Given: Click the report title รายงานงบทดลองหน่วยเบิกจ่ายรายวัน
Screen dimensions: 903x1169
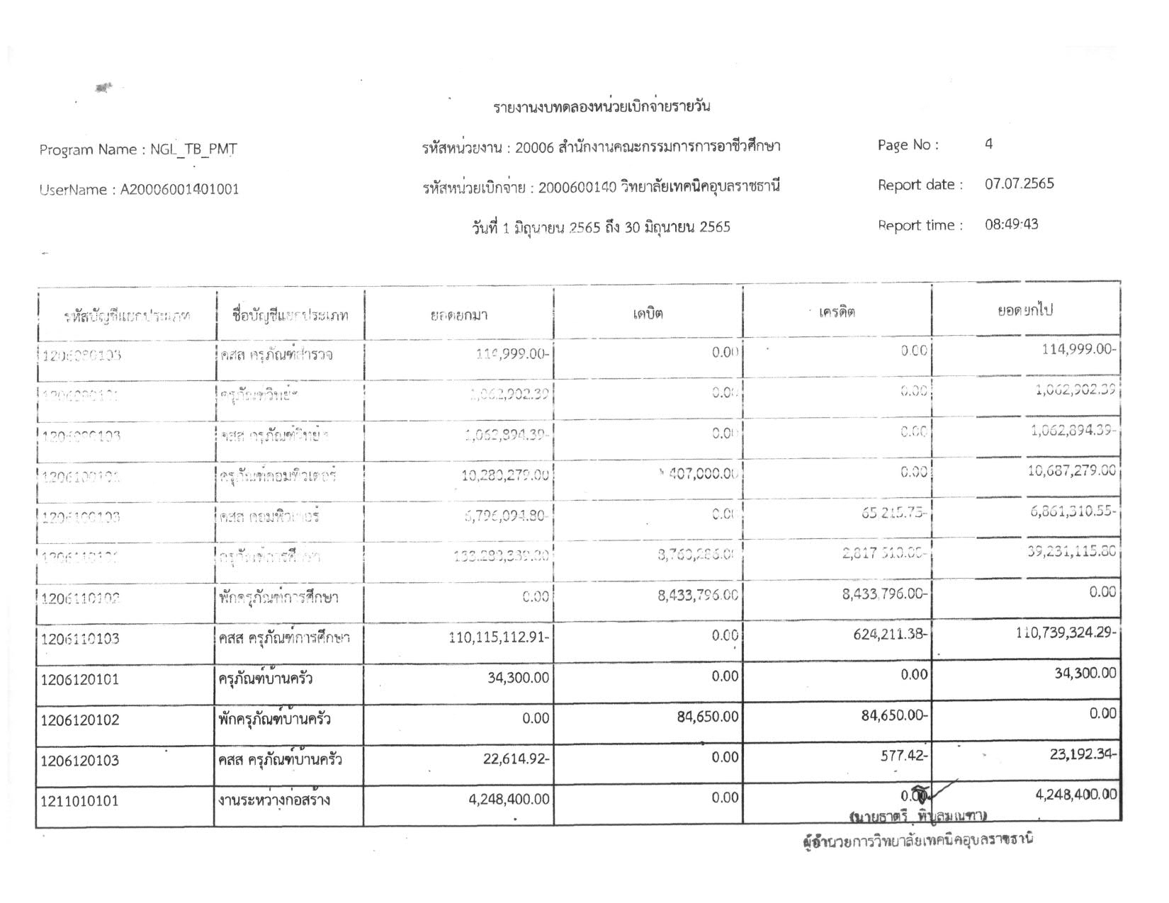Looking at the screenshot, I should (601, 107).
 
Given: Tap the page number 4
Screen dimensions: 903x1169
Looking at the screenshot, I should (988, 144).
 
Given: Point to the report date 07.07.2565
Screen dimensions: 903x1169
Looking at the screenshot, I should (1019, 184).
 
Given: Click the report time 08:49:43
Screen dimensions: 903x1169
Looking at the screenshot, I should (1011, 225).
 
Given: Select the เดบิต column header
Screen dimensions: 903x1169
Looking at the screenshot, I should (648, 313).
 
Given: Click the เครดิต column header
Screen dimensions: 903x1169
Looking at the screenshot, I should (837, 312).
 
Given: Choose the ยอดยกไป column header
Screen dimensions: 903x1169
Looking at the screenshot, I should (1024, 311).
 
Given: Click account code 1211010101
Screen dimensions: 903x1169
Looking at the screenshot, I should (80, 801).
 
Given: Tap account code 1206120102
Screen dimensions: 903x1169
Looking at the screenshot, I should (80, 720).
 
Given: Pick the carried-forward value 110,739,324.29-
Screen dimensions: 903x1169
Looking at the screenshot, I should (1067, 632).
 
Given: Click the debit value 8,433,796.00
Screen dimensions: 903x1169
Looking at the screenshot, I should (698, 596).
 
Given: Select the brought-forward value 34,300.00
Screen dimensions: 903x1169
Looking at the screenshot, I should (519, 678).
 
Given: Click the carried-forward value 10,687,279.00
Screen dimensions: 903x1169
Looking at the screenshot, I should (1071, 470).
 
